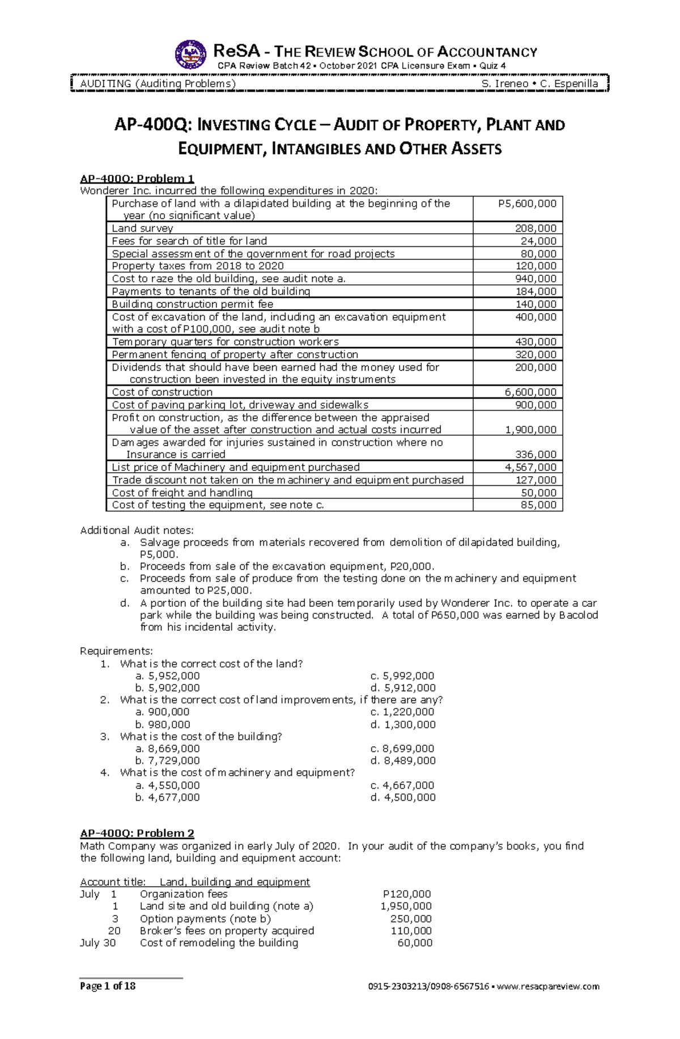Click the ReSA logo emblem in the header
[x=190, y=55]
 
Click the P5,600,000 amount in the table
[x=526, y=204]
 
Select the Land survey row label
[x=142, y=228]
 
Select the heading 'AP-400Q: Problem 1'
[x=137, y=178]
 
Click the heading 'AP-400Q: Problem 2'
[x=137, y=833]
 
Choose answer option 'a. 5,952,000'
[x=168, y=675]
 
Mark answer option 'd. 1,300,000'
[x=403, y=724]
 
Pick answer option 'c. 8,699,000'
[x=402, y=749]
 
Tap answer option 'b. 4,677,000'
[x=168, y=797]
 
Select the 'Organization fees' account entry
[x=184, y=893]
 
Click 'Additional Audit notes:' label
[x=137, y=530]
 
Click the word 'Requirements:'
[x=116, y=651]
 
